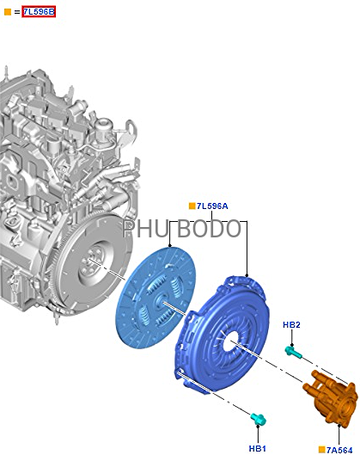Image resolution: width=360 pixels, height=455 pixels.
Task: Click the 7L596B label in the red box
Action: [39, 12]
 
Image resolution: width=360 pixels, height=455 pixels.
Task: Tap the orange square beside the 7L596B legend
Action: [8, 12]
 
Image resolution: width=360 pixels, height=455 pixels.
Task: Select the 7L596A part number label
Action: [212, 206]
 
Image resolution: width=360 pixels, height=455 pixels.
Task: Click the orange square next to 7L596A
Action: [192, 206]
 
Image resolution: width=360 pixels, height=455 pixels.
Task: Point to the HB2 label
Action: [291, 325]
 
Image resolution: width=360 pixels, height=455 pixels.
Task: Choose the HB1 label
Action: [258, 448]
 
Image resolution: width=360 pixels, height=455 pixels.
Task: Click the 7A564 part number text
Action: [339, 450]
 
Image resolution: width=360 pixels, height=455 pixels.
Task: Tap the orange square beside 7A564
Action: [321, 450]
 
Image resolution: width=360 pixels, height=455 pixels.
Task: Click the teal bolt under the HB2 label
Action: [293, 352]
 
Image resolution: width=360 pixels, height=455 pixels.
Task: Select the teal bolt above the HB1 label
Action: [258, 419]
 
